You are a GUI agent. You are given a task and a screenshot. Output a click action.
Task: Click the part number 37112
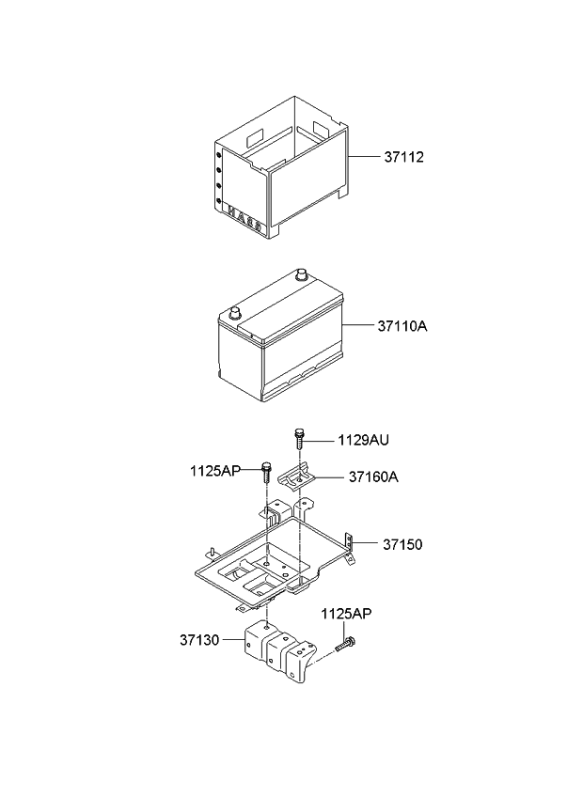(403, 157)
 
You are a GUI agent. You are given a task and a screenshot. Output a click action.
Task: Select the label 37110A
(402, 326)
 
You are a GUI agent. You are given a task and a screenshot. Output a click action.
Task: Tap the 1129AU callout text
(363, 440)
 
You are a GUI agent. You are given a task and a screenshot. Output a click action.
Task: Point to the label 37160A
(373, 477)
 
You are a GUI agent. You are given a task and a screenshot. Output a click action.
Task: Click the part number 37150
(402, 544)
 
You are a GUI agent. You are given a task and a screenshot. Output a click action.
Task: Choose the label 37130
(199, 640)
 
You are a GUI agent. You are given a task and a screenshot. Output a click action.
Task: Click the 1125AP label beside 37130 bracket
(346, 614)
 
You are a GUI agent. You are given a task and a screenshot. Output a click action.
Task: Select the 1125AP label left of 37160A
(215, 471)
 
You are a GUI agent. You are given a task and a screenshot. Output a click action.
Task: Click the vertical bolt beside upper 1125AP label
(266, 473)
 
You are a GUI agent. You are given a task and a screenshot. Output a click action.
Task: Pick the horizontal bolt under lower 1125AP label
(345, 645)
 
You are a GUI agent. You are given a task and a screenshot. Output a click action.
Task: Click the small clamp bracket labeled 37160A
(297, 478)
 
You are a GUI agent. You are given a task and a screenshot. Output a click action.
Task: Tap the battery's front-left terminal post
(234, 313)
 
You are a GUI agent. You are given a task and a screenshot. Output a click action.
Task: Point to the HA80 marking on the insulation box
(244, 217)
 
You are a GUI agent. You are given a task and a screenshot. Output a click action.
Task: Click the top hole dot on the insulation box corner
(219, 154)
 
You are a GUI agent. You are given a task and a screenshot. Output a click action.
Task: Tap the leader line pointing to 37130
(233, 640)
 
